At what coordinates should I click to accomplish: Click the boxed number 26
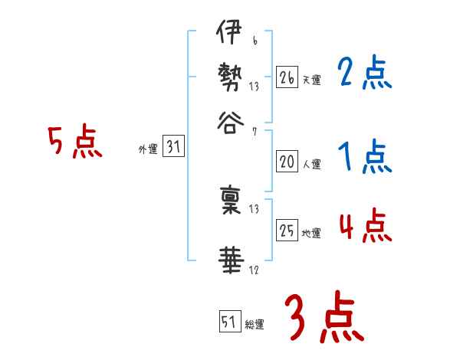point(287,77)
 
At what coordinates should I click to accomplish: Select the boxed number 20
point(287,161)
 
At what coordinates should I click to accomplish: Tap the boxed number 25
point(287,231)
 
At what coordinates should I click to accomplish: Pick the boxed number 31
point(172,148)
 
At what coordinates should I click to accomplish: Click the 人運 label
point(311,163)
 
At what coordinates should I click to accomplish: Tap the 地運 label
point(311,234)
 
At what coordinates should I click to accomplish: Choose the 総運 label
point(254,325)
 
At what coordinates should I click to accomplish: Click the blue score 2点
point(364,74)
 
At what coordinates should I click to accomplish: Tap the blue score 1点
point(364,158)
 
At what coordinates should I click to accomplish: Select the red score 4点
point(364,227)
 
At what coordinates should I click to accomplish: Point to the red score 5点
point(74,142)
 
